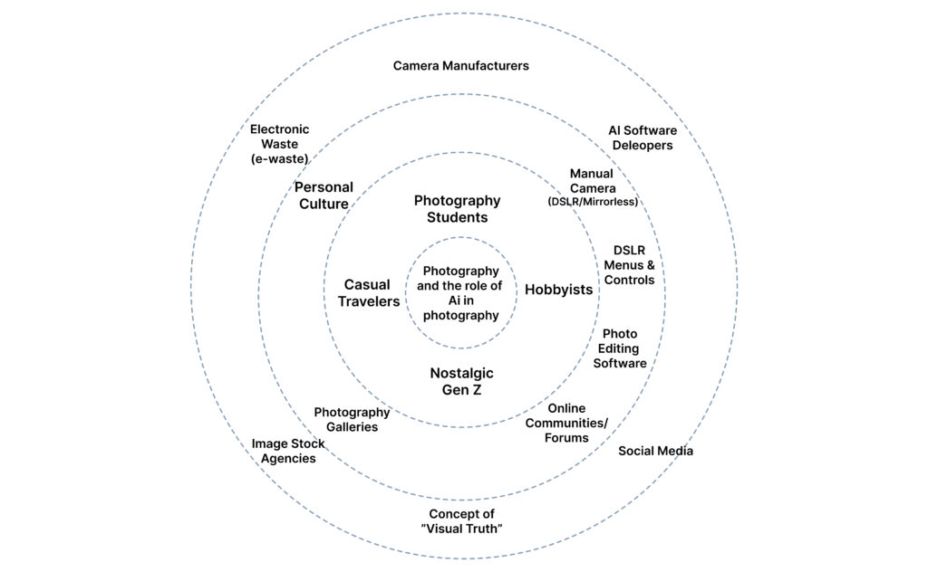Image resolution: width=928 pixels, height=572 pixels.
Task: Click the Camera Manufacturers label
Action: [460, 66]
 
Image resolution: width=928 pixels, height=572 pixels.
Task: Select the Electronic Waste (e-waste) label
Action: [279, 144]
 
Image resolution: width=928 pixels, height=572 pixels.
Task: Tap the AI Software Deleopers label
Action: [642, 138]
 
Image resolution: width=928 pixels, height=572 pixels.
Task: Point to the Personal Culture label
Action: [324, 195]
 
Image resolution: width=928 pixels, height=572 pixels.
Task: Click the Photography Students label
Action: [457, 209]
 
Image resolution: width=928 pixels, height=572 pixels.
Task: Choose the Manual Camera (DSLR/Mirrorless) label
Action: [592, 186]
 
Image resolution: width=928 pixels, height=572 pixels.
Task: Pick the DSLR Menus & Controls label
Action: [629, 265]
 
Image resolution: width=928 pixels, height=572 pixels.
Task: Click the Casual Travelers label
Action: [369, 293]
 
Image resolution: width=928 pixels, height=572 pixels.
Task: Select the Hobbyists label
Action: [558, 290]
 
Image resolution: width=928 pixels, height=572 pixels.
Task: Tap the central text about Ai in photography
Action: [460, 293]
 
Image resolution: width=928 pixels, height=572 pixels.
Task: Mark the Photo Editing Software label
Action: [620, 348]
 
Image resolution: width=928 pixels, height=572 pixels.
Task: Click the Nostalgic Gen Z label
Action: [461, 382]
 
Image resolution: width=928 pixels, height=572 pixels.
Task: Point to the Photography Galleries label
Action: [352, 419]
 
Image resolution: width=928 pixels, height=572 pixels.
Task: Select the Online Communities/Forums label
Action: [566, 423]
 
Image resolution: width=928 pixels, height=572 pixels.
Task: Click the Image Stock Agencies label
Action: [288, 451]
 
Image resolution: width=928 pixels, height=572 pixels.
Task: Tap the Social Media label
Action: [655, 451]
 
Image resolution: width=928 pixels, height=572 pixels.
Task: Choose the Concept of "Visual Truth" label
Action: [461, 521]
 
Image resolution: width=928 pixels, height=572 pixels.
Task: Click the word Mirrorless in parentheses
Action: [611, 202]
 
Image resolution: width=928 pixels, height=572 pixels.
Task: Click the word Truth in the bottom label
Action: [481, 529]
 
